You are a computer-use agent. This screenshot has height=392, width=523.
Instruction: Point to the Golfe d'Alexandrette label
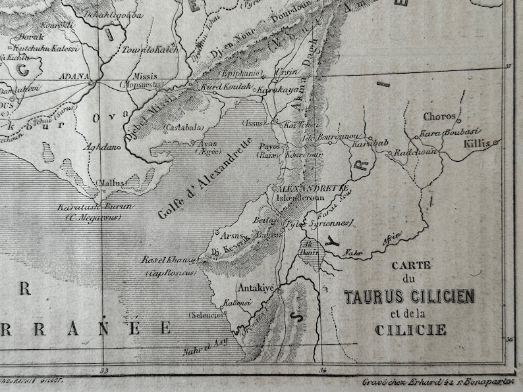tap(206, 178)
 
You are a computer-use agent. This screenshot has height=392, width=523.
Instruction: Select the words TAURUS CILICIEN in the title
tap(409, 297)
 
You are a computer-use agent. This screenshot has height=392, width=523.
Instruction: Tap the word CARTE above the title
tap(410, 266)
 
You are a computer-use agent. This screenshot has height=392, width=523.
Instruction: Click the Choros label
tap(439, 117)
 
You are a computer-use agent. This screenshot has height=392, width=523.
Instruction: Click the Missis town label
tap(146, 76)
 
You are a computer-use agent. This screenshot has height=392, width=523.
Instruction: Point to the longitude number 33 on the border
tap(103, 371)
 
